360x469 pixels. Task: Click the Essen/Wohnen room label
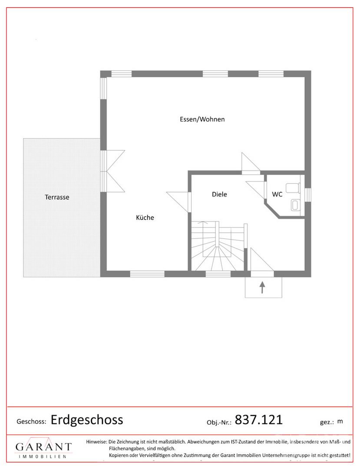tap(202, 119)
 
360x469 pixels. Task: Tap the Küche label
tap(145, 218)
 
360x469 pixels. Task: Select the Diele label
tap(219, 194)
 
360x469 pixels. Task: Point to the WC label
tap(277, 194)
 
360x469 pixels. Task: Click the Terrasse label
tap(57, 197)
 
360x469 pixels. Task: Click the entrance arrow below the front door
tap(262, 287)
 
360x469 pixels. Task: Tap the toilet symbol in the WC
tap(293, 188)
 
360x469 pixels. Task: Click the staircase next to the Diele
tap(218, 246)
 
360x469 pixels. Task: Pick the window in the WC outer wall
tap(308, 195)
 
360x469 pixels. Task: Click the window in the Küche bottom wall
tap(147, 274)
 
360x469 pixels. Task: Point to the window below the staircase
tap(218, 274)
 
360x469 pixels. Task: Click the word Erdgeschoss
tap(87, 420)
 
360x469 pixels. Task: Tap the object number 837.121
tap(259, 419)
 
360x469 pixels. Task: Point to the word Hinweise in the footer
tap(96, 442)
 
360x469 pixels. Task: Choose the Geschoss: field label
tap(31, 422)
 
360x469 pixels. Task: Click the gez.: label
tap(327, 423)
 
